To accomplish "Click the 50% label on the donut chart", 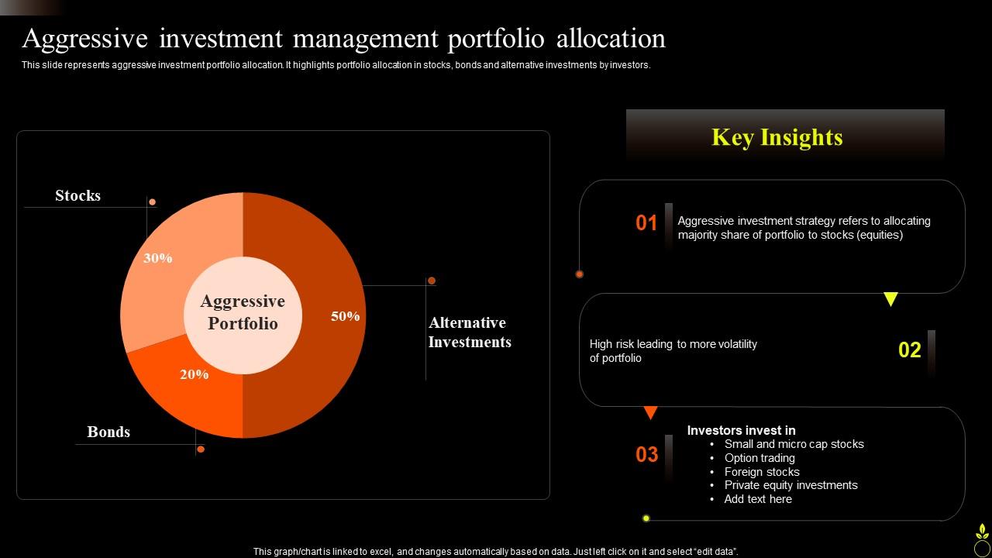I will (x=345, y=316).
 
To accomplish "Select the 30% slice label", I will (x=158, y=258).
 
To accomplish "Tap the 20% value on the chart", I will (x=194, y=374).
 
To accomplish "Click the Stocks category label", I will (x=77, y=196).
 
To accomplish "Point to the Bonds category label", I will (x=108, y=432).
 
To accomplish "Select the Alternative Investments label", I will (x=470, y=332).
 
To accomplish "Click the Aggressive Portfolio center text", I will (x=243, y=312).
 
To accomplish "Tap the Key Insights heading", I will (x=777, y=137).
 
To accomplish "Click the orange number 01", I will (x=646, y=223).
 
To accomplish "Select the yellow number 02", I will (x=909, y=350).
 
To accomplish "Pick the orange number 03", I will (x=646, y=455).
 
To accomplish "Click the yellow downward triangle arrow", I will (x=890, y=299).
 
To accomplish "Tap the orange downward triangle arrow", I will (x=651, y=413).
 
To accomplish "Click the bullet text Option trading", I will (x=759, y=458).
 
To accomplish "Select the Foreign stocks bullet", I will (x=762, y=472).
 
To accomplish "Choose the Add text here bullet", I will (x=758, y=499).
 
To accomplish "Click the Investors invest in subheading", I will (x=741, y=430).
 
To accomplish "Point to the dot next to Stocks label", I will (x=153, y=202).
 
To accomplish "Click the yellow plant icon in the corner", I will (x=981, y=539).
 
